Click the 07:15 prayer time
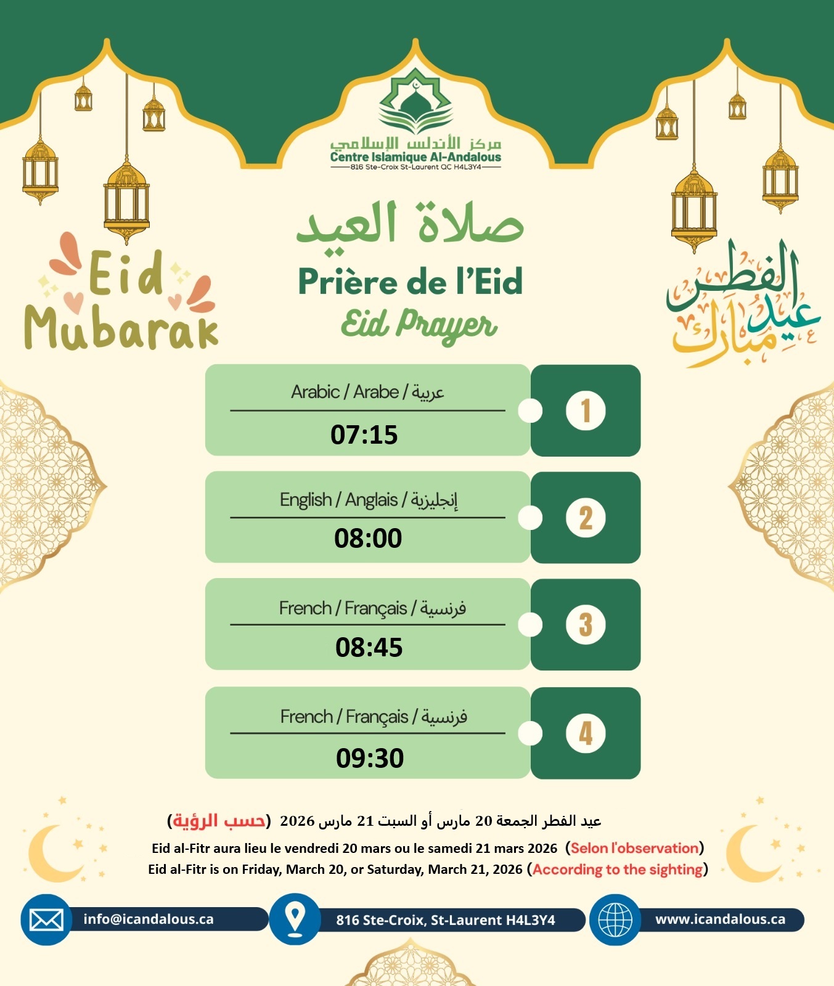pos(364,435)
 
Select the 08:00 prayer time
pos(368,539)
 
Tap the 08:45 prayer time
pos(369,648)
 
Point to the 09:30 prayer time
pos(370,758)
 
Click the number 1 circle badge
pos(586,410)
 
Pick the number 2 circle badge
pos(586,518)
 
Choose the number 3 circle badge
pos(586,624)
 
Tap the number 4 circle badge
pos(586,733)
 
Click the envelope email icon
pos(46,920)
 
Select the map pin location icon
pos(296,919)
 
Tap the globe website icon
pos(615,920)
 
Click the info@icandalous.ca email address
pos(149,919)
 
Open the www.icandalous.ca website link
pos(720,919)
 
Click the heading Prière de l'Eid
pos(411,282)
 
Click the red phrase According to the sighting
pos(618,870)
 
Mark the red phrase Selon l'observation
pos(634,848)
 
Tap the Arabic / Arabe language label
pos(367,392)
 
